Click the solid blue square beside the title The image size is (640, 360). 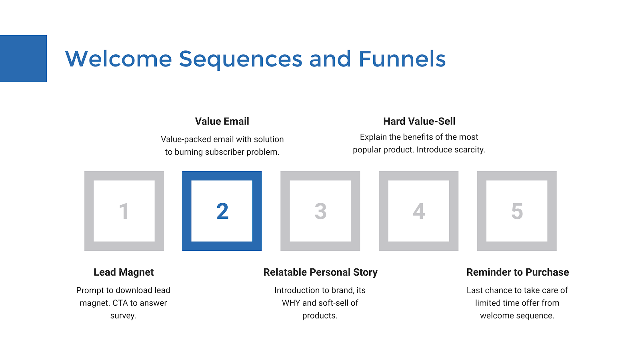click(23, 58)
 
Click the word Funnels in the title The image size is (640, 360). click(402, 59)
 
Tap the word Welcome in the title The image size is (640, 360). click(118, 59)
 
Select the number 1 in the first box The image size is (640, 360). click(124, 212)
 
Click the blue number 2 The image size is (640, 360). click(222, 211)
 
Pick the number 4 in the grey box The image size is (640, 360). click(419, 212)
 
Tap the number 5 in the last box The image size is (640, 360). click(517, 212)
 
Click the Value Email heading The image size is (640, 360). click(222, 121)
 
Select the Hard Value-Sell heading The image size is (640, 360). click(419, 121)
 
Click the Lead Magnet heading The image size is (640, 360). click(124, 272)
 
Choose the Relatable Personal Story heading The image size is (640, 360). click(320, 272)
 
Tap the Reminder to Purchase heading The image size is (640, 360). click(518, 272)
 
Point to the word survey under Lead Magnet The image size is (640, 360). click(123, 316)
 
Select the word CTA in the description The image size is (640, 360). click(120, 303)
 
